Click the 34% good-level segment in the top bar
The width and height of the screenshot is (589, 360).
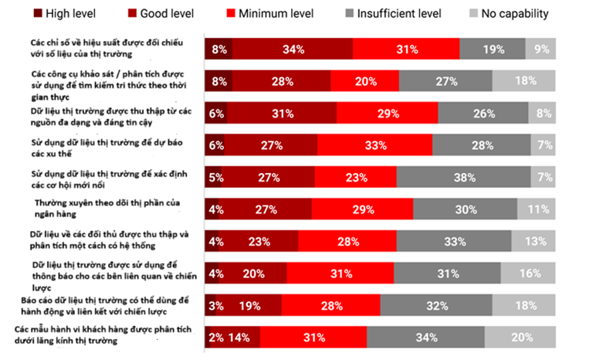[x=292, y=49]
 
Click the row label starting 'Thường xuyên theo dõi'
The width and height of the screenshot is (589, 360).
[x=107, y=208]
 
